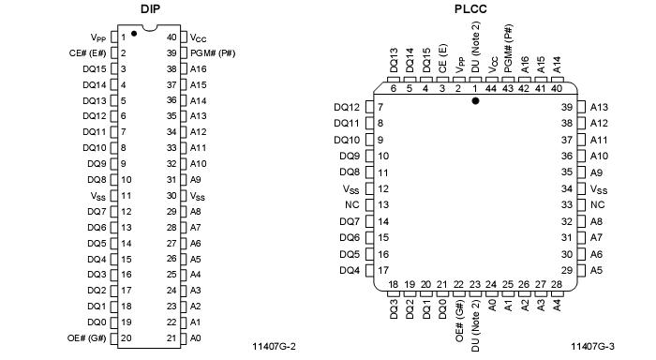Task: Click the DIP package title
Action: pyautogui.click(x=150, y=8)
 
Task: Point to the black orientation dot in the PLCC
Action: pyautogui.click(x=475, y=100)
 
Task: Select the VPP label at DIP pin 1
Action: pyautogui.click(x=98, y=37)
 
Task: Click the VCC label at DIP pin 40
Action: pyautogui.click(x=198, y=37)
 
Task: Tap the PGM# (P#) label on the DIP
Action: pyautogui.click(x=213, y=53)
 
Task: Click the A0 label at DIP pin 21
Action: pyautogui.click(x=195, y=337)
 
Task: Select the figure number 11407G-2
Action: pyautogui.click(x=274, y=347)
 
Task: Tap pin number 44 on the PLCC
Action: pyautogui.click(x=491, y=88)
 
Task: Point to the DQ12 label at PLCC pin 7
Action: pyautogui.click(x=347, y=107)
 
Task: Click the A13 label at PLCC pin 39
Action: pyautogui.click(x=599, y=107)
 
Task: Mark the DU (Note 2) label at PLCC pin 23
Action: pyautogui.click(x=475, y=325)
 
